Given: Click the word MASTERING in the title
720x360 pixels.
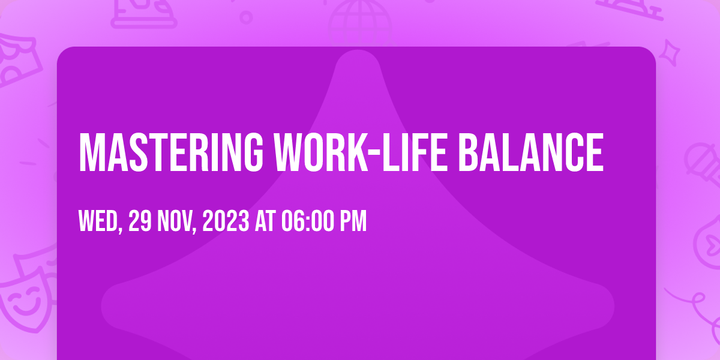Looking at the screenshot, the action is (171, 152).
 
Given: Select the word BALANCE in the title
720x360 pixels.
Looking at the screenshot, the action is (530, 152).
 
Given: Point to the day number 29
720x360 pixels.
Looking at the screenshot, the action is (140, 221).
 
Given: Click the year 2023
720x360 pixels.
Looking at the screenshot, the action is (226, 221).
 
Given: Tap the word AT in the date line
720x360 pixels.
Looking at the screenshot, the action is (265, 221).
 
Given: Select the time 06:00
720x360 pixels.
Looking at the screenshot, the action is (308, 221).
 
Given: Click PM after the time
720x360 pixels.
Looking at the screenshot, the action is (353, 221).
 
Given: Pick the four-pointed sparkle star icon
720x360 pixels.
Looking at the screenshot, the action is (670, 53).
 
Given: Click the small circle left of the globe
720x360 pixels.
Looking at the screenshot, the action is (246, 17).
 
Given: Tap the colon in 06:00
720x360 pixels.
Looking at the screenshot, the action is (308, 222).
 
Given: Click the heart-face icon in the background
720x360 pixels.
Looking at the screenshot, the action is (709, 242).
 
